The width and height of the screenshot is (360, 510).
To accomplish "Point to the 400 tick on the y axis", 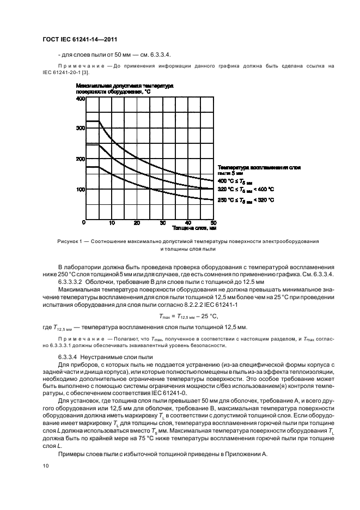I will [x=80, y=99].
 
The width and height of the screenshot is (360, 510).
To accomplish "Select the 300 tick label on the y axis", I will [x=80, y=128].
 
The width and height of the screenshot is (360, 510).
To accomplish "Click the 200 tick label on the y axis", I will [x=80, y=159].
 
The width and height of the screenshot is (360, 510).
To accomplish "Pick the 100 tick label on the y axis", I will [x=80, y=189].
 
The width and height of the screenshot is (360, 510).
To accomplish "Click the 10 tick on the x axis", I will [x=112, y=223].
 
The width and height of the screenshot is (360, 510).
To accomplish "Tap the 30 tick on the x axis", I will [x=162, y=223].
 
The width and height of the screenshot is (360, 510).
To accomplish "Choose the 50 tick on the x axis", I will [x=212, y=223].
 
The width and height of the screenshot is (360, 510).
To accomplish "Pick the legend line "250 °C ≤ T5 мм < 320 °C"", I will [x=253, y=200].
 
